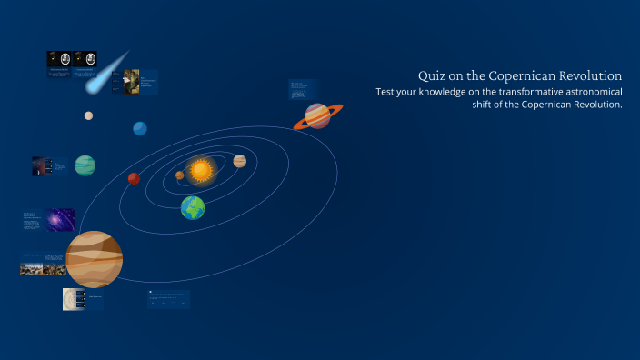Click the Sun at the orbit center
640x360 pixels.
click(x=201, y=169)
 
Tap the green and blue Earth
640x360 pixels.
click(x=192, y=208)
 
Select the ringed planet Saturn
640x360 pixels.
click(x=317, y=115)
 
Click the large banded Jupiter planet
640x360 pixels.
click(x=94, y=258)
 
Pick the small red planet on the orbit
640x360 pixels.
click(x=134, y=178)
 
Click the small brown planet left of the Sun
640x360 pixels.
click(x=180, y=175)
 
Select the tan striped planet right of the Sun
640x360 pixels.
click(x=239, y=161)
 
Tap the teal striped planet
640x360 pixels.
click(x=85, y=165)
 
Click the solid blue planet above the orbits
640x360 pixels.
click(x=139, y=128)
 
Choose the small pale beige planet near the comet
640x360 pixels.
click(x=88, y=115)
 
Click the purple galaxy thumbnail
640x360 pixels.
click(x=60, y=220)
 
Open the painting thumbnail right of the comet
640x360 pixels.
click(x=132, y=81)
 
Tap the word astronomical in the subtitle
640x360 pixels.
click(x=579, y=91)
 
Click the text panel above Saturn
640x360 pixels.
click(x=303, y=89)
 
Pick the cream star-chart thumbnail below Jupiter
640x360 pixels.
click(x=74, y=299)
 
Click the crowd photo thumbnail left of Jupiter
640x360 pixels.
click(x=43, y=269)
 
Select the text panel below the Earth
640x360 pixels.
click(x=169, y=299)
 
